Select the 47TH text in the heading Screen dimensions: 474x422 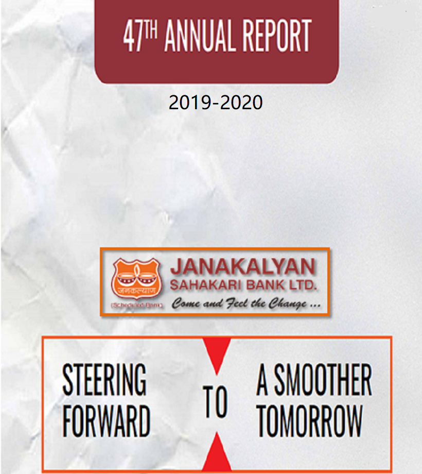(x=142, y=36)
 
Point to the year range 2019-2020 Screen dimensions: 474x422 (x=216, y=103)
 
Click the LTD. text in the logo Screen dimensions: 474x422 (x=304, y=284)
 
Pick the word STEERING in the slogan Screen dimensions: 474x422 (x=104, y=380)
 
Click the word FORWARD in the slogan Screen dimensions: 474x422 (x=107, y=420)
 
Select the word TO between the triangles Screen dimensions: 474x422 (x=215, y=402)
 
